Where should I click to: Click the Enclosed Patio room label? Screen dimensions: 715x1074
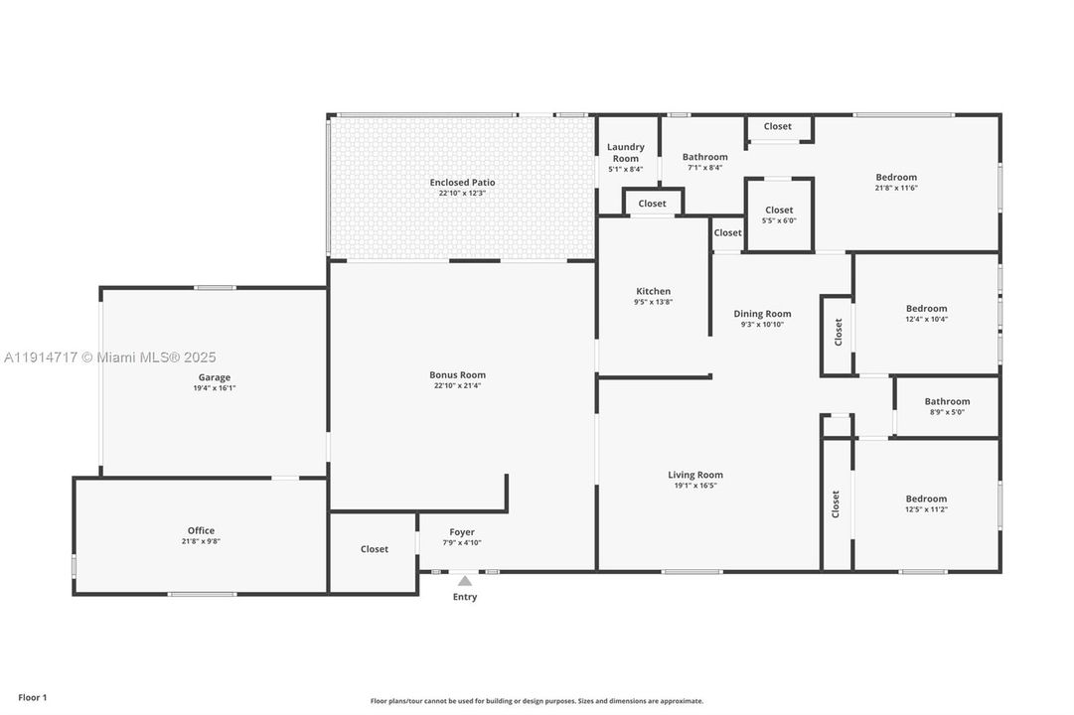(x=462, y=183)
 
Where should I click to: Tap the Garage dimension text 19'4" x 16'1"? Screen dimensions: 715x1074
(x=214, y=388)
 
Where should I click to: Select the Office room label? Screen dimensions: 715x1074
(x=201, y=530)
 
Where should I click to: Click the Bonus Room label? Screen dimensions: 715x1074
(x=457, y=374)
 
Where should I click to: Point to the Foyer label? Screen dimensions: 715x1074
(x=462, y=532)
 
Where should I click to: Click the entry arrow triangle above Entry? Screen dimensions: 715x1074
(x=465, y=581)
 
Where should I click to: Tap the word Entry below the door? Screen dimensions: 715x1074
(x=465, y=597)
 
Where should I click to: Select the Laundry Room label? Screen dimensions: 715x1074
(x=626, y=152)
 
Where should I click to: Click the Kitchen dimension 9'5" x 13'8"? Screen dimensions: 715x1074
(x=653, y=302)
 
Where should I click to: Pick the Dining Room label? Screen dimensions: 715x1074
(x=762, y=314)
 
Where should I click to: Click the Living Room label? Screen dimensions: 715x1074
(x=695, y=475)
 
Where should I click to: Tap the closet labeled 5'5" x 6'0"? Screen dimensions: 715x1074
(x=779, y=214)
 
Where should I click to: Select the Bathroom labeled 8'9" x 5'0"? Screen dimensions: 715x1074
(x=947, y=406)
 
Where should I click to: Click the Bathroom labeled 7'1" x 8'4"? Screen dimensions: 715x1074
(x=704, y=161)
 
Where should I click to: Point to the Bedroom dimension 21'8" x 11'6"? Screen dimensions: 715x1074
(x=895, y=188)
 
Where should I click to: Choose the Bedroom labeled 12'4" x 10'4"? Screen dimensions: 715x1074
(x=926, y=313)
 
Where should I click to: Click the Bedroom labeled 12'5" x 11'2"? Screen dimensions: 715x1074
(x=926, y=503)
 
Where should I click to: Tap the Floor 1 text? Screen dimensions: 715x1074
(x=33, y=697)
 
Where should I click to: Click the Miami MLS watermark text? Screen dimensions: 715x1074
(x=109, y=357)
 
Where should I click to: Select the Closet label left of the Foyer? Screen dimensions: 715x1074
(x=375, y=549)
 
